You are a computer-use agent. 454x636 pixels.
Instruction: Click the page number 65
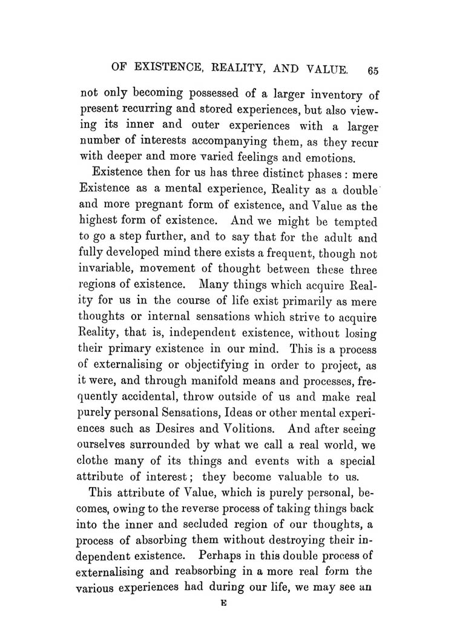[372, 70]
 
